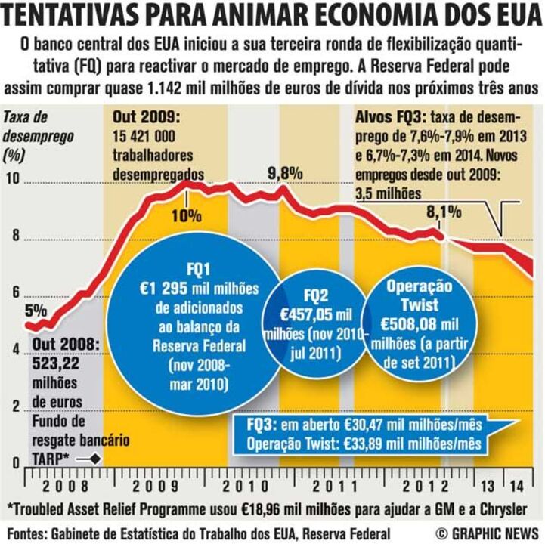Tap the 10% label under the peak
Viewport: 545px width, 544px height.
(186, 215)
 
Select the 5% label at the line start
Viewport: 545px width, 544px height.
(36, 311)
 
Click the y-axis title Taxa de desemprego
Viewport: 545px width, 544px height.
(27, 127)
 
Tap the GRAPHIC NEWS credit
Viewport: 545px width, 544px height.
(488, 533)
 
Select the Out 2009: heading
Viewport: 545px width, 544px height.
(147, 118)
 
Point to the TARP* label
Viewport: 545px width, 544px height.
(50, 458)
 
